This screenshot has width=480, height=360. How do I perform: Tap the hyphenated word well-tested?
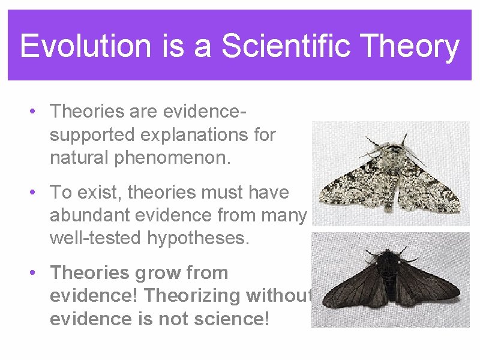pos(95,239)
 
